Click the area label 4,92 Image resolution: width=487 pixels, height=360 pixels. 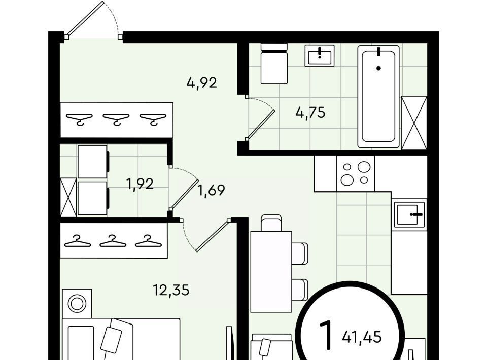point(201,83)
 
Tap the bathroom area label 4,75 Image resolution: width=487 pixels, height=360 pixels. point(310,113)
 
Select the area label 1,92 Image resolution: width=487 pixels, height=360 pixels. point(140,184)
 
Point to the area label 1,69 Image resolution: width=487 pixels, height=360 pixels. point(211,190)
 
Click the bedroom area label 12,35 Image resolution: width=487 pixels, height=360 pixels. point(171,291)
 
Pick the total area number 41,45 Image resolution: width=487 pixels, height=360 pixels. point(362,337)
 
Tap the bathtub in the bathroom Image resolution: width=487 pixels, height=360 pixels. point(378,96)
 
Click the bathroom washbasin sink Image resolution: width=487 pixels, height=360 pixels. point(320,56)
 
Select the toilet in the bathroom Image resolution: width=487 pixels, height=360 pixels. point(273,63)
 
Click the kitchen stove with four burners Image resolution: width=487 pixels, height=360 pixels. point(356,173)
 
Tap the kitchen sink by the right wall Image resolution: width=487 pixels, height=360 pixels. point(409,214)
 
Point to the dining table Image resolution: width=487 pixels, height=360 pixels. point(271,272)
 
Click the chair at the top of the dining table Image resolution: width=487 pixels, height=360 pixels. point(271,223)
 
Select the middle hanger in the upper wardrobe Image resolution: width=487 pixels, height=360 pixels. point(116,119)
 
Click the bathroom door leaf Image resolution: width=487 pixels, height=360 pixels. point(261,125)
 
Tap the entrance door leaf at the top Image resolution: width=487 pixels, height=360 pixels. point(85,19)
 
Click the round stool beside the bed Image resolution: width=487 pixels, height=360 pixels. point(77,304)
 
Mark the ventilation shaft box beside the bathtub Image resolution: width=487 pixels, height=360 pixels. point(414,123)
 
